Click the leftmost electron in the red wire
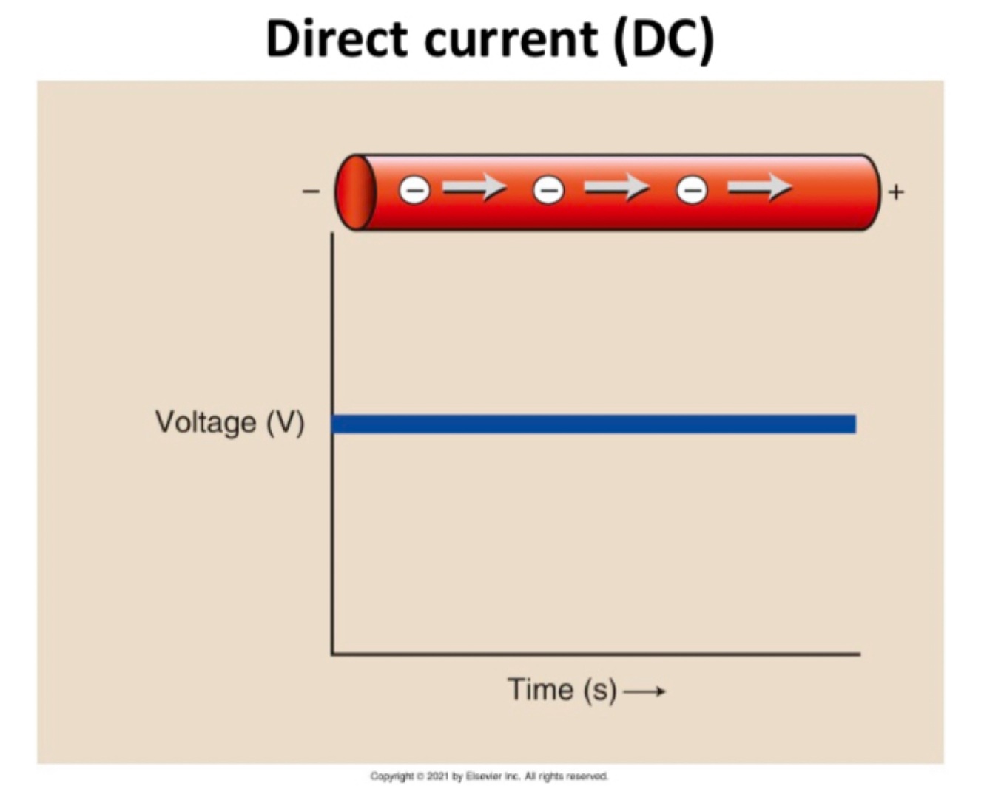pyautogui.click(x=414, y=190)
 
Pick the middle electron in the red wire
pyautogui.click(x=548, y=190)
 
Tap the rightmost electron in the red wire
pyautogui.click(x=692, y=190)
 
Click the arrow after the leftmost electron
pyautogui.click(x=474, y=188)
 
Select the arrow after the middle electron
pyautogui.click(x=616, y=188)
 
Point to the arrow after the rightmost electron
pyautogui.click(x=759, y=188)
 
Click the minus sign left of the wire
pyautogui.click(x=311, y=192)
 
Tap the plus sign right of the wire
pyautogui.click(x=896, y=192)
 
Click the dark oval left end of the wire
pyautogui.click(x=355, y=192)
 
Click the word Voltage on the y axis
pyautogui.click(x=206, y=422)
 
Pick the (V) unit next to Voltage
pyautogui.click(x=285, y=422)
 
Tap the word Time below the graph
pyautogui.click(x=541, y=689)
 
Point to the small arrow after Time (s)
pyautogui.click(x=644, y=692)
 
